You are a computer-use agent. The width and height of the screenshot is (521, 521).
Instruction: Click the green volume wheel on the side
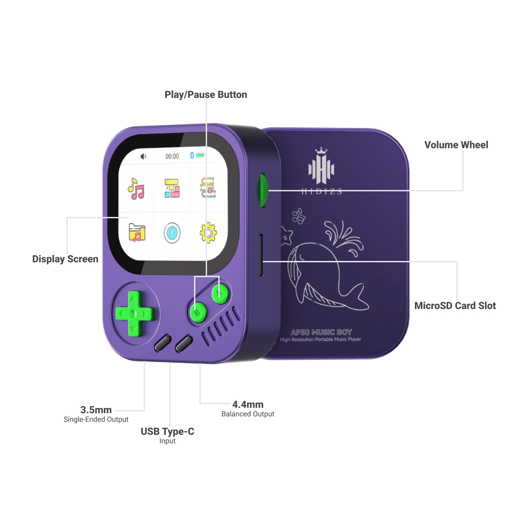click(x=263, y=190)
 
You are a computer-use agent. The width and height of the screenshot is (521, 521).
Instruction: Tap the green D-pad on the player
click(x=134, y=313)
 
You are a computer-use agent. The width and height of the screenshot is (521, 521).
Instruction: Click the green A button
click(x=220, y=293)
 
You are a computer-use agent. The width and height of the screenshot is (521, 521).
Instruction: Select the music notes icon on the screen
click(x=136, y=188)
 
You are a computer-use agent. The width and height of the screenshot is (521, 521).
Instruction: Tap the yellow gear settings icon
click(x=208, y=233)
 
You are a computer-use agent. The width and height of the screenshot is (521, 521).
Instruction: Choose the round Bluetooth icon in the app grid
click(x=172, y=233)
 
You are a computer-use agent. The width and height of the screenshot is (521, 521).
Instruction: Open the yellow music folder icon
click(x=137, y=232)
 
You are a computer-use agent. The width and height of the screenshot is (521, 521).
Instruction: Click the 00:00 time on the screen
click(x=172, y=156)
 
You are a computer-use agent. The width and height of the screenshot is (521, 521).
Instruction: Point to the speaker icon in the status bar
click(x=143, y=156)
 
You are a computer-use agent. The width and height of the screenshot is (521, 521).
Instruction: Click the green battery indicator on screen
click(x=200, y=155)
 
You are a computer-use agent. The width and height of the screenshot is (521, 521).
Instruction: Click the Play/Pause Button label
click(x=206, y=95)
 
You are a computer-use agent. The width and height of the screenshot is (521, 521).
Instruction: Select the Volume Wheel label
click(x=456, y=145)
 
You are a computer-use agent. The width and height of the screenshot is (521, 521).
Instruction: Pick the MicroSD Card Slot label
click(x=455, y=306)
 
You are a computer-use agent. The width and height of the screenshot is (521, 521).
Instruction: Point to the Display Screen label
click(x=65, y=259)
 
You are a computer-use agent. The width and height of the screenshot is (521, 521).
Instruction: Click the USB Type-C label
click(x=168, y=431)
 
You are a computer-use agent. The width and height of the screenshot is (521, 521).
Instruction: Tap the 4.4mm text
click(x=248, y=404)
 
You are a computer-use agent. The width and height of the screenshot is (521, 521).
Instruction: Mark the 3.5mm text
click(x=96, y=410)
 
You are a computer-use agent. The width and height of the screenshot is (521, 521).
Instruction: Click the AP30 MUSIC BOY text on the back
click(x=321, y=332)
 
